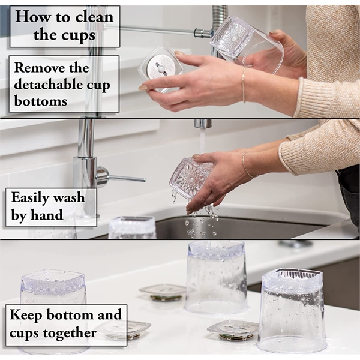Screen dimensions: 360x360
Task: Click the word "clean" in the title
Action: pyautogui.click(x=94, y=17)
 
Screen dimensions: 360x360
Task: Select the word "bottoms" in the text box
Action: pyautogui.click(x=41, y=101)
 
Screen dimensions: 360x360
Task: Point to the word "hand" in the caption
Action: pyautogui.click(x=47, y=215)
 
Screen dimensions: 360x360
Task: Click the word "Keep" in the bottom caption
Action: pyautogui.click(x=26, y=315)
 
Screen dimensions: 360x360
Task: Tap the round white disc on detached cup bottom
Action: pyautogui.click(x=160, y=68)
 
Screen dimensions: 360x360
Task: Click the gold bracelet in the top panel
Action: pyautogui.click(x=244, y=85)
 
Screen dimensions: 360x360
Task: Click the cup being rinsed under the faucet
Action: pyautogui.click(x=189, y=179)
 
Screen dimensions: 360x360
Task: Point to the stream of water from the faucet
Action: pyautogui.click(x=202, y=143)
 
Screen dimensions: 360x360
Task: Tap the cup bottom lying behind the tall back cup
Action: pyautogui.click(x=163, y=292)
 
